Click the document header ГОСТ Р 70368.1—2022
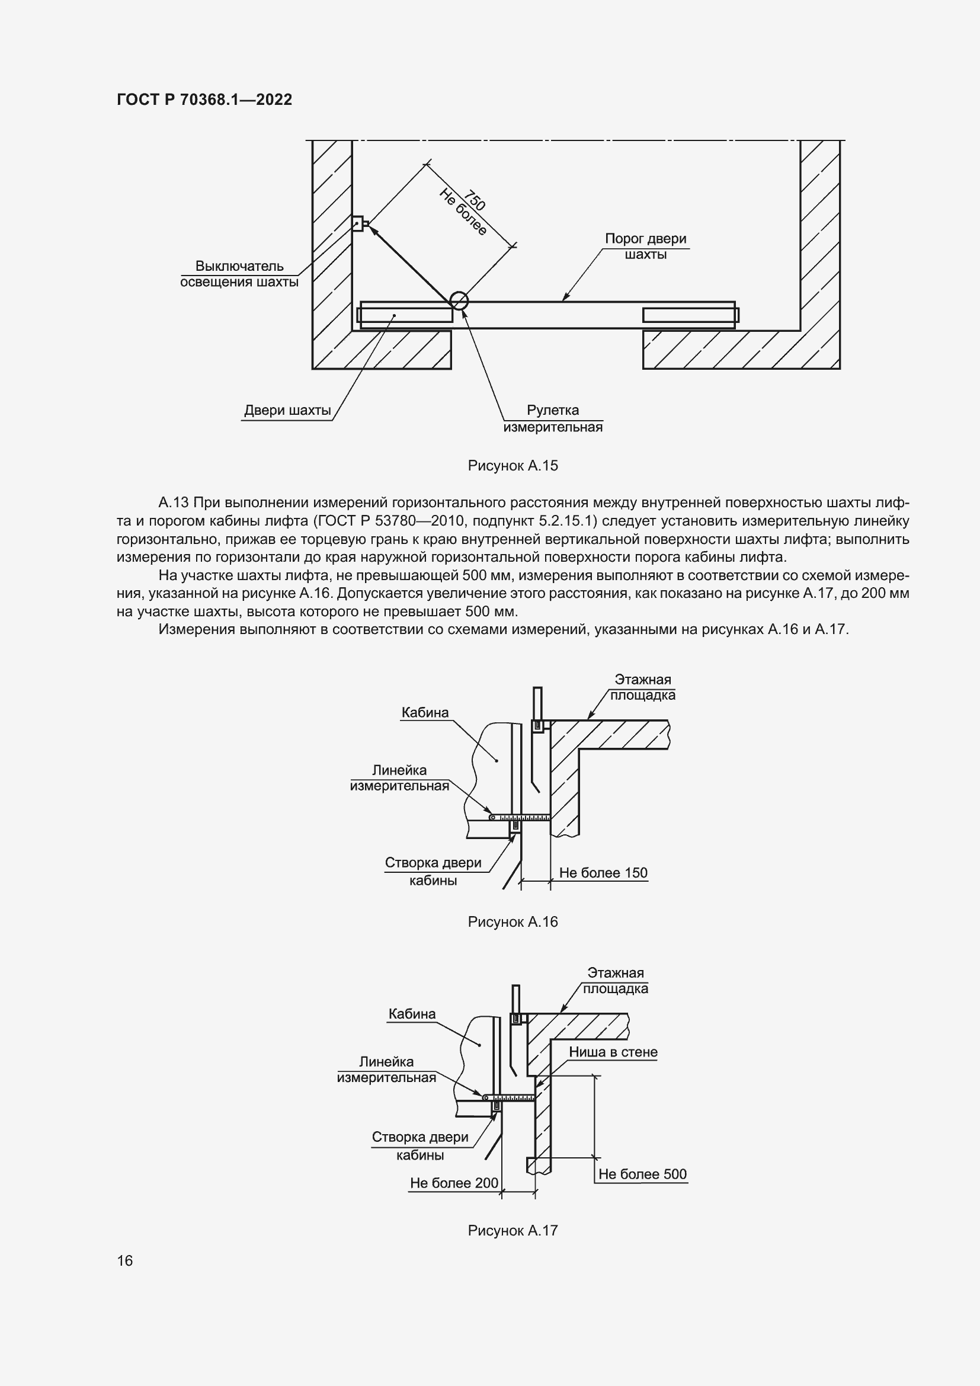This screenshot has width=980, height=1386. [204, 100]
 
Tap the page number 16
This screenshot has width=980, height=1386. [125, 1260]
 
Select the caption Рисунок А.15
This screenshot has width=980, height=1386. [513, 465]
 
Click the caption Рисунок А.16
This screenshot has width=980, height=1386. [513, 922]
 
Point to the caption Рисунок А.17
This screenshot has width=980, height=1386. [513, 1230]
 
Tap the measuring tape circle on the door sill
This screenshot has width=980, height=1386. [459, 300]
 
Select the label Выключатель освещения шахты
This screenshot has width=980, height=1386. [239, 274]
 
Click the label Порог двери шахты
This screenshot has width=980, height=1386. [645, 247]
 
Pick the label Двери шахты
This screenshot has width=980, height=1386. [287, 411]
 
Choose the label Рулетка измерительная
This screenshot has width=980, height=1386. [553, 419]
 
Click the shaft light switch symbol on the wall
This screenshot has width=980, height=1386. [358, 224]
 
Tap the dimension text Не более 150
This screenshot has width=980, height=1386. [603, 873]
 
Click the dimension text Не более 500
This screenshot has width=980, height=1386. [642, 1174]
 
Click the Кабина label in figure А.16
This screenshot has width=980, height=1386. [425, 713]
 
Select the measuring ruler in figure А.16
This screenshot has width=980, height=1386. [519, 817]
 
